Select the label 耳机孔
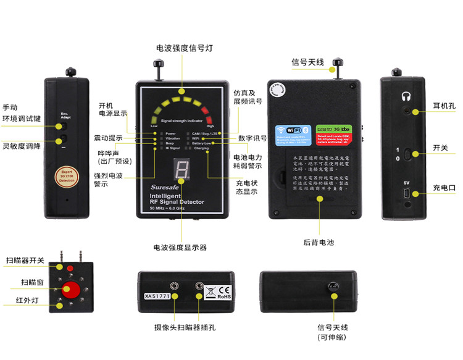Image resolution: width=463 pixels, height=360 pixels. [444, 106]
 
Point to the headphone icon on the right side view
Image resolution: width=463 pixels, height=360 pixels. [406, 96]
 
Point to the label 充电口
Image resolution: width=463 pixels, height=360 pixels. [444, 188]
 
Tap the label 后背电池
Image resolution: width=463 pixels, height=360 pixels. [319, 243]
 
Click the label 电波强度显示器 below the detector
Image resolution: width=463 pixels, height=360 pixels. [180, 248]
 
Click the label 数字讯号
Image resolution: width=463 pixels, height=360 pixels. [252, 138]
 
